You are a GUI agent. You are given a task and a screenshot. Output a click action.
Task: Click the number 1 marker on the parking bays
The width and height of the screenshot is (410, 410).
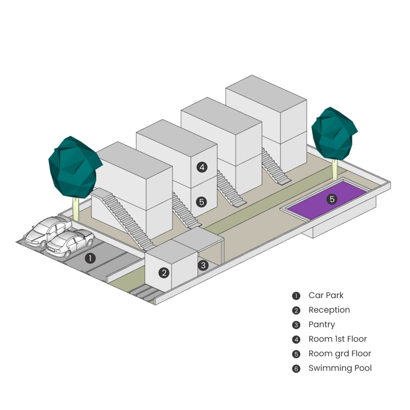point(90,258)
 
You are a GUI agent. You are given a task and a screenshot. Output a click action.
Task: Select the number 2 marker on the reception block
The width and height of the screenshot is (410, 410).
point(163,273)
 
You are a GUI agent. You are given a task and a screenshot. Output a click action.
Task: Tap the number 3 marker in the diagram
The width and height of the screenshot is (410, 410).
point(203,265)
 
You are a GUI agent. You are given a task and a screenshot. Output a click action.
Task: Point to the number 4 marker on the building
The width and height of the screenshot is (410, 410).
point(202,167)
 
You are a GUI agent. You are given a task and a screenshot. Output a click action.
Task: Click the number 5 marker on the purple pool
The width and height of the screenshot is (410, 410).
point(332,199)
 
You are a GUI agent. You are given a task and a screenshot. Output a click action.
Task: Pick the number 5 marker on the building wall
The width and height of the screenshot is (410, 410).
point(202,202)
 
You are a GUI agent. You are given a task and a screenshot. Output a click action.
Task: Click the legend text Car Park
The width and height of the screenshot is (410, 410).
point(326,295)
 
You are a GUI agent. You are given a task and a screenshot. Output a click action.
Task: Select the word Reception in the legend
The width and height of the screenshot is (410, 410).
point(329,310)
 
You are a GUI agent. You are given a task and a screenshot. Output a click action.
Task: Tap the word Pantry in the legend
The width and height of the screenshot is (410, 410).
point(322,324)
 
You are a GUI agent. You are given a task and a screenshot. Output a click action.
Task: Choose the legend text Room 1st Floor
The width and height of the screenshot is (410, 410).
point(338,339)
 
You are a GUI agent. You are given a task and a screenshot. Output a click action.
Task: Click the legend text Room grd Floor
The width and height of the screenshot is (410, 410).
point(340,354)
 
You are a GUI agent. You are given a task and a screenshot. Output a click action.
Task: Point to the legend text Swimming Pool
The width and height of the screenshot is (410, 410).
point(340,368)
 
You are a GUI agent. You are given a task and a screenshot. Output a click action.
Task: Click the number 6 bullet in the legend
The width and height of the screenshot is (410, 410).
point(296,369)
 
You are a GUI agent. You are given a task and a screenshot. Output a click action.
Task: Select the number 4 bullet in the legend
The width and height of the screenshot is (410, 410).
point(296,340)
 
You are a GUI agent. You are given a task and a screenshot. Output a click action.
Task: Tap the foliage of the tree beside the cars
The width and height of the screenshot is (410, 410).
point(74,166)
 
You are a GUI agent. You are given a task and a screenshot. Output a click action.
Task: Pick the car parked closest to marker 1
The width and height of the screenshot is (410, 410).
point(70,242)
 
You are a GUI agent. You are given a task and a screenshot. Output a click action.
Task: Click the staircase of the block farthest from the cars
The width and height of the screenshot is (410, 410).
point(275,166)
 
